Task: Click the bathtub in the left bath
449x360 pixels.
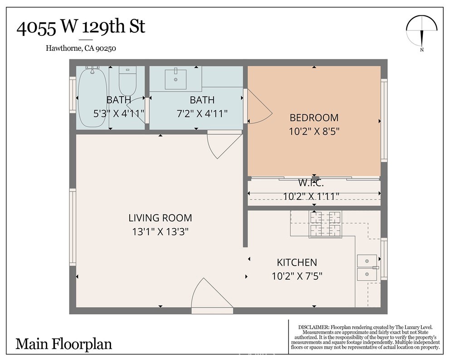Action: tap(92, 97)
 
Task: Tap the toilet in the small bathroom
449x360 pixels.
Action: tap(127, 81)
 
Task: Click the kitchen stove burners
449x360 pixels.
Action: tap(325, 224)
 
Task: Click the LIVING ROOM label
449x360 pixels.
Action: tap(160, 218)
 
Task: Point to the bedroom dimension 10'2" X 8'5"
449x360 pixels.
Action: tap(314, 131)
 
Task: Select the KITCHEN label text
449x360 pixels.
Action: tap(297, 263)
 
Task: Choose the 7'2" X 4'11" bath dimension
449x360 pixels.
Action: tap(202, 113)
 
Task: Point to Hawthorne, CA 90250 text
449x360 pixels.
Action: tap(81, 49)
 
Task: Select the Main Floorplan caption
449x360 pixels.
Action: tap(63, 344)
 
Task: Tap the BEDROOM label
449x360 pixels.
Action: tap(314, 118)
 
